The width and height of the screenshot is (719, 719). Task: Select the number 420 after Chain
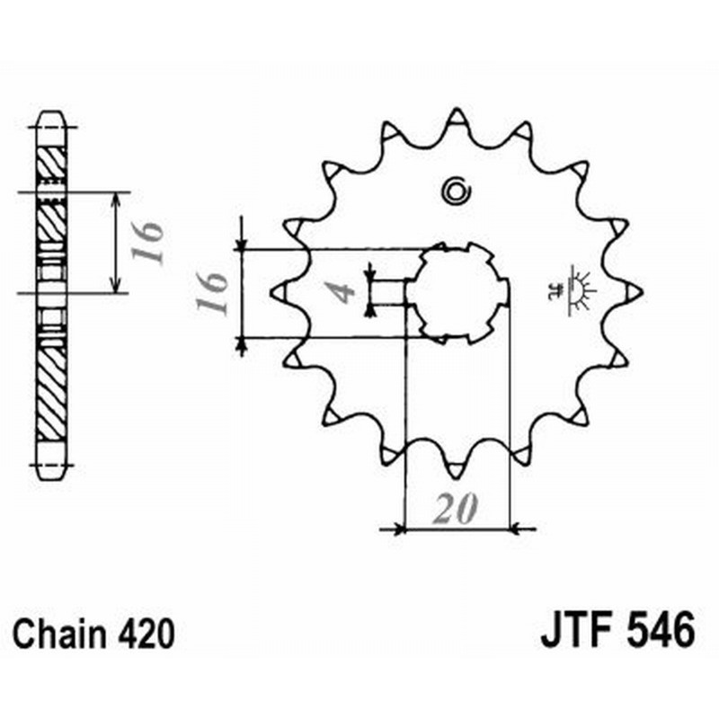click(x=145, y=635)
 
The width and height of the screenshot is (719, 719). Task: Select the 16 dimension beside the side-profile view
click(x=151, y=241)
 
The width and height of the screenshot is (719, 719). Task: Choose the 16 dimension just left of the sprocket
click(x=213, y=293)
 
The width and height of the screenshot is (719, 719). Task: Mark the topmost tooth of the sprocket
click(x=456, y=119)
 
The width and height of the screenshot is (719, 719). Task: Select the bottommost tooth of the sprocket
click(x=456, y=464)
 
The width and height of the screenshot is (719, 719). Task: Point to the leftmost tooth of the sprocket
click(x=280, y=291)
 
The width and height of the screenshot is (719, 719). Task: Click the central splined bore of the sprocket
click(x=457, y=292)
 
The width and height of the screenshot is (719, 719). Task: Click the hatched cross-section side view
click(x=51, y=292)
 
